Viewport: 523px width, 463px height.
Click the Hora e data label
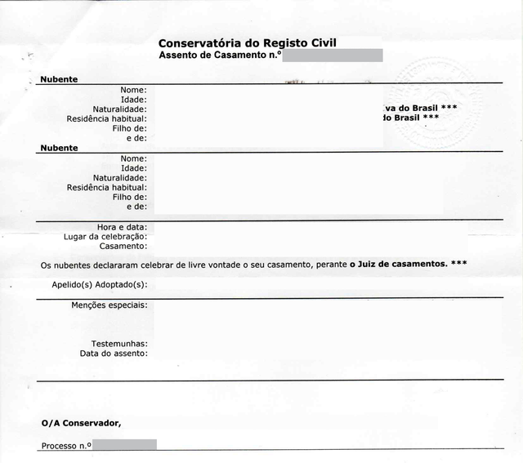pyautogui.click(x=116, y=227)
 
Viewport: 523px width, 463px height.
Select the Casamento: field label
pyautogui.click(x=123, y=246)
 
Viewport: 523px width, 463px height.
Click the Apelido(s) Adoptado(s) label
pyautogui.click(x=99, y=284)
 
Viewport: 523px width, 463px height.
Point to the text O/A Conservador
pyautogui.click(x=81, y=422)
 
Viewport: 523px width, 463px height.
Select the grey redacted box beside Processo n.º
pyautogui.click(x=124, y=445)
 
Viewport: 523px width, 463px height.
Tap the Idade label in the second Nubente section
pyautogui.click(x=133, y=167)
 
